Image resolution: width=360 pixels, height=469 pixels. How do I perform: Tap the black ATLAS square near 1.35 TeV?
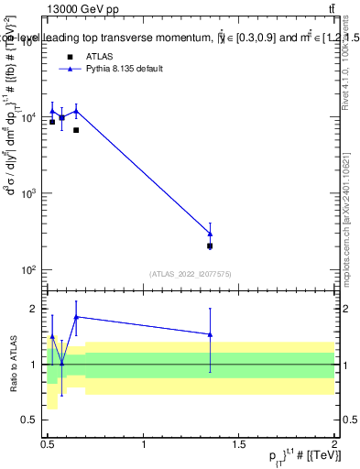coord(210,245)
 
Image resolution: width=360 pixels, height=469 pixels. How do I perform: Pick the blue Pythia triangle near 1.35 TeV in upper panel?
coord(210,234)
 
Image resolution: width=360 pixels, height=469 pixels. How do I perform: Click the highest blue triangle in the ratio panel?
coord(76,317)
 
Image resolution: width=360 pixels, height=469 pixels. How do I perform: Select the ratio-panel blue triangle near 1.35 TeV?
coord(210,334)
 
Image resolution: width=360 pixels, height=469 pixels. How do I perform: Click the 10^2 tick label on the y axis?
coord(30,270)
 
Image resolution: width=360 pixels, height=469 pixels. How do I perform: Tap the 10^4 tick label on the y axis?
coord(30,118)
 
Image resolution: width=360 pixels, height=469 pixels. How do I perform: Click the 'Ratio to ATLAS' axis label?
coord(13,364)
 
